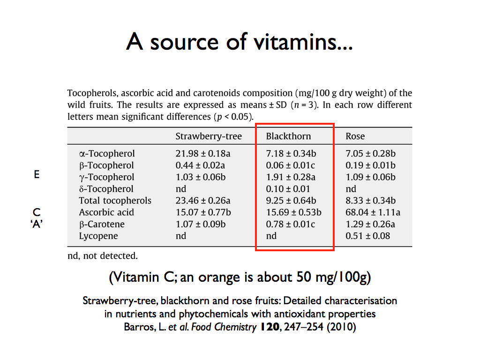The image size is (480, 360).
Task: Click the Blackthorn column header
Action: [288, 136]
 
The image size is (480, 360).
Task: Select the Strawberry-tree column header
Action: [209, 136]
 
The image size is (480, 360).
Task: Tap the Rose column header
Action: [355, 136]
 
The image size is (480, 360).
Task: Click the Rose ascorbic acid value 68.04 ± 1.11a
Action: [373, 212]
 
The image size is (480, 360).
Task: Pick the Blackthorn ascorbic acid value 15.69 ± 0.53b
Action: [293, 212]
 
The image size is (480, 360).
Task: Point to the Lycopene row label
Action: [98, 236]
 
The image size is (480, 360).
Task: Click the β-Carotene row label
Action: [101, 224]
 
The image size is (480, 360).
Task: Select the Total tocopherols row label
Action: [115, 201]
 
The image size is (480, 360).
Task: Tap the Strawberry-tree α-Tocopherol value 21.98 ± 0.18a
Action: [203, 154]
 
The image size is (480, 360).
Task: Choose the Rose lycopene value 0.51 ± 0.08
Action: [367, 236]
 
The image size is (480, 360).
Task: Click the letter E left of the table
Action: [37, 174]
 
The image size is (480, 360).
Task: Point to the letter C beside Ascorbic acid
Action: [37, 212]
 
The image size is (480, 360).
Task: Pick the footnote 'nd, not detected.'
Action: [103, 256]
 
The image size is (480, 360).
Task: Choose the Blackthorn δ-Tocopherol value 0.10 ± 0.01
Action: [287, 189]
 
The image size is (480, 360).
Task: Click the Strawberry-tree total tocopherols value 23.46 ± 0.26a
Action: [203, 201]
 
